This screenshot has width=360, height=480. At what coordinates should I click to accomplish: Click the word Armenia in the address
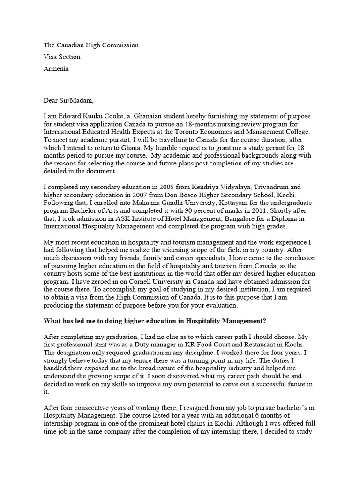(x=56, y=68)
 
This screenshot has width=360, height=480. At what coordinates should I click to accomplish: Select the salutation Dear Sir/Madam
(x=68, y=100)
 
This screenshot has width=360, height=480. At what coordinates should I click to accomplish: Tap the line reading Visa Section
(x=62, y=57)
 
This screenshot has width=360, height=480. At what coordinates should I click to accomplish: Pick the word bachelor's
(x=288, y=407)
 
